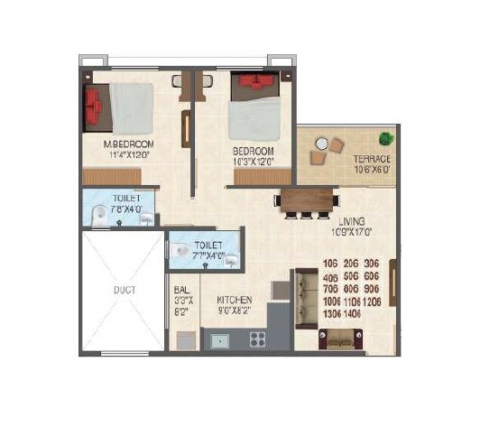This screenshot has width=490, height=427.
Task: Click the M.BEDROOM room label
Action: coord(129,144)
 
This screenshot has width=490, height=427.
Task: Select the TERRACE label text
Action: coord(371,159)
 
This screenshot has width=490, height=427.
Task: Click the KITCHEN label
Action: coord(235,300)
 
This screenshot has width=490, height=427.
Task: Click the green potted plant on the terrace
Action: coord(386,139)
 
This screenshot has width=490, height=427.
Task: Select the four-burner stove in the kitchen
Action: coord(257,340)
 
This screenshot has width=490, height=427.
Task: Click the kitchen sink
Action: coord(219,341)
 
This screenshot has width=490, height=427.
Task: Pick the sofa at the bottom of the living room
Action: coord(340,339)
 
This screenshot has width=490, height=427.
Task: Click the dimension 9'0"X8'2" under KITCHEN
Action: coord(234,311)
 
